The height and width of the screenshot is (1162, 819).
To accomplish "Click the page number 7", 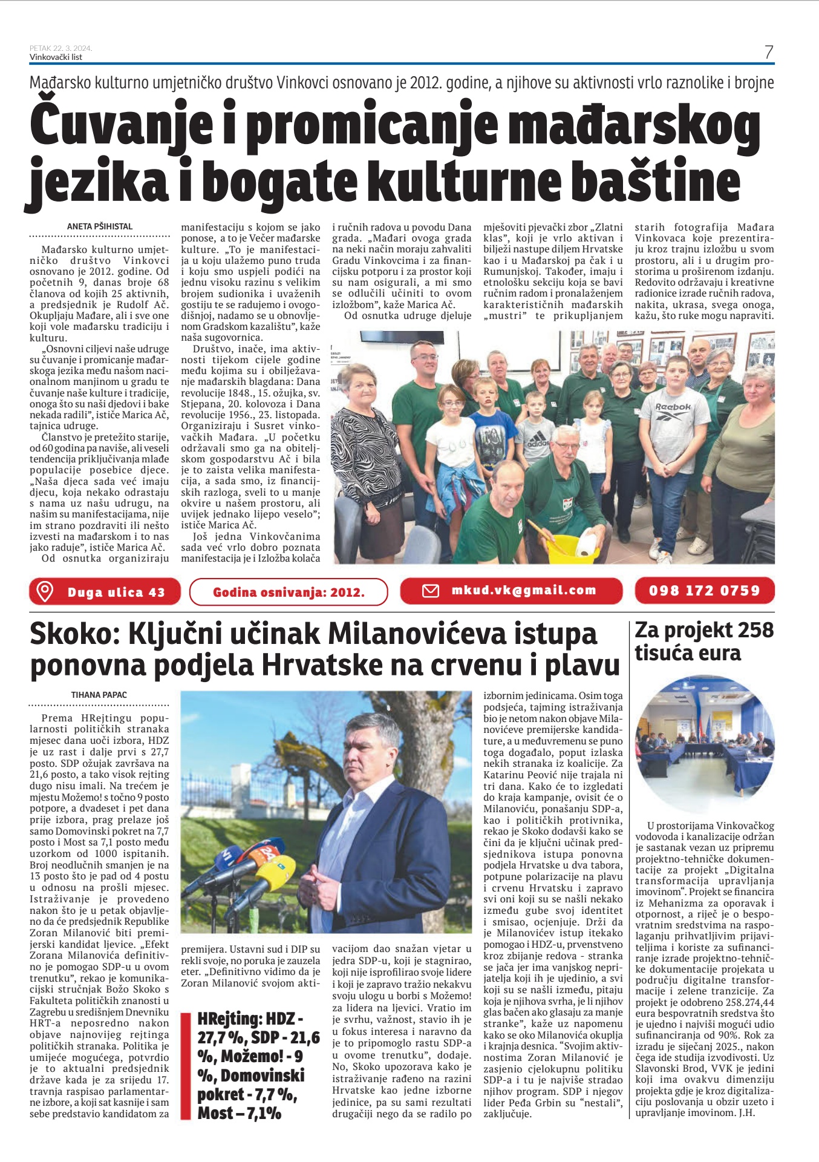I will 768,53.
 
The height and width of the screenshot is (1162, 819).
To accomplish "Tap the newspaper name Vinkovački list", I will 56,57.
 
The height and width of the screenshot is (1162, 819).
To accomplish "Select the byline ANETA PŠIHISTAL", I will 100,226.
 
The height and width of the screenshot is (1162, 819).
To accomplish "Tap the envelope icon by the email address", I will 430,591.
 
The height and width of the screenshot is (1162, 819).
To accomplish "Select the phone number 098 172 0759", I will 704,591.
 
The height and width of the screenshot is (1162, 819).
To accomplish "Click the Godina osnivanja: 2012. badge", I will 289,592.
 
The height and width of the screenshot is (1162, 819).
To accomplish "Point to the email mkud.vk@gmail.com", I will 524,590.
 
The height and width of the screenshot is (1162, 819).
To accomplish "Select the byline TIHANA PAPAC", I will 99,695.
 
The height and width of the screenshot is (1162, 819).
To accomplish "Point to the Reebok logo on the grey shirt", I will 673,407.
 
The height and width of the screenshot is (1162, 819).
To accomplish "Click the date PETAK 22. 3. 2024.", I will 60,48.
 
